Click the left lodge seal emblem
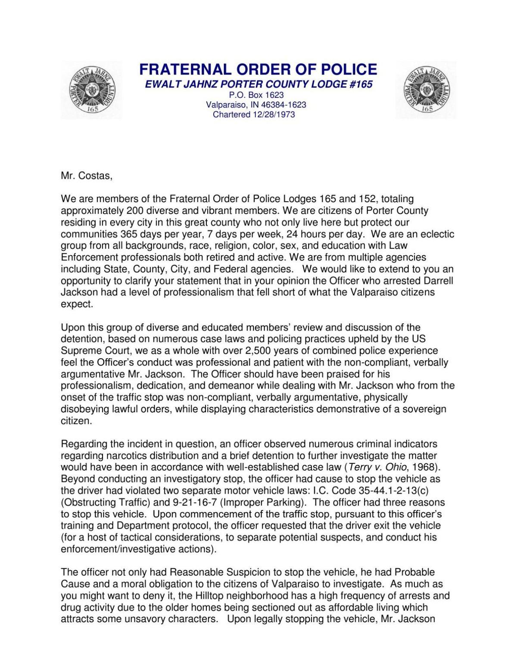91,90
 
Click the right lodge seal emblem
426,90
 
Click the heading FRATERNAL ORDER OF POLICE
258,69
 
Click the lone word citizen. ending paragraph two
76,421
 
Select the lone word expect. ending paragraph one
77,304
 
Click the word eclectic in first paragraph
436,234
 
